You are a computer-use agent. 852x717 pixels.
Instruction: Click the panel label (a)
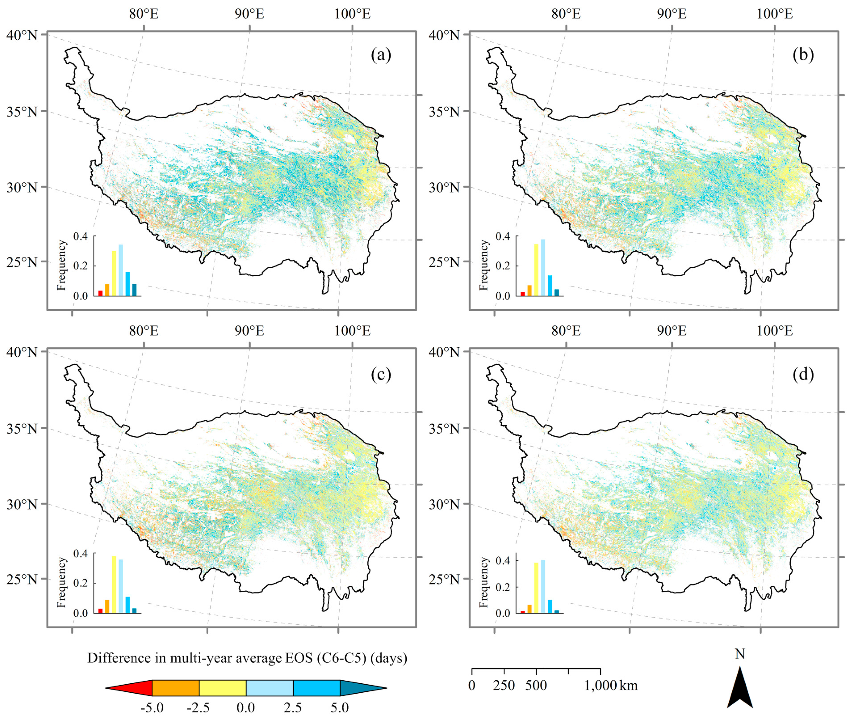click(381, 55)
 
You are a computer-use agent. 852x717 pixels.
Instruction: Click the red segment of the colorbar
click(132, 688)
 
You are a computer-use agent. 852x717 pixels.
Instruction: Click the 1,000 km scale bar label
click(611, 686)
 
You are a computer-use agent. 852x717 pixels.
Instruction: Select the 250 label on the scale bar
click(504, 686)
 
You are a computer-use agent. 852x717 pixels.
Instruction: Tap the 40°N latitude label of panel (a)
click(22, 35)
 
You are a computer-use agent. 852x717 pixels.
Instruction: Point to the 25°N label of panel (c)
click(22, 579)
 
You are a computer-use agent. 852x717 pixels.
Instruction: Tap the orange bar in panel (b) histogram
click(529, 290)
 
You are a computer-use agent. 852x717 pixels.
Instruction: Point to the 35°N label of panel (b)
click(444, 111)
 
